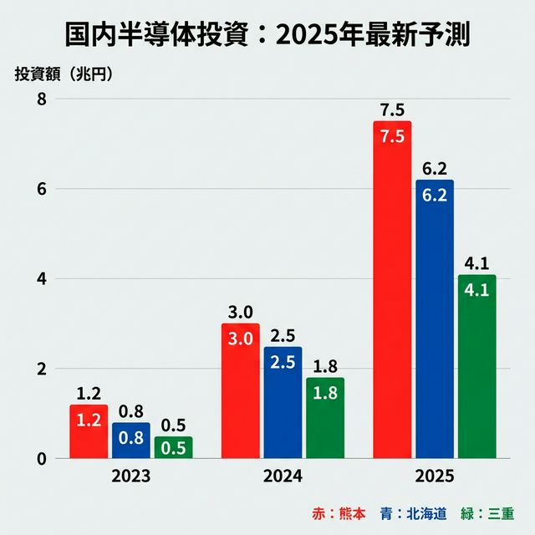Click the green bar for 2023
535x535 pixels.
(173, 447)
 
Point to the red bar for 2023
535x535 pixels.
(88, 435)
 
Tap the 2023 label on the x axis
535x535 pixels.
(130, 477)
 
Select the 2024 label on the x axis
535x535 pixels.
(282, 477)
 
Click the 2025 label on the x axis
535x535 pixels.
(434, 477)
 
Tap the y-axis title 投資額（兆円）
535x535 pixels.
(64, 73)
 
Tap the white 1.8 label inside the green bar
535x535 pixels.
(324, 393)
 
